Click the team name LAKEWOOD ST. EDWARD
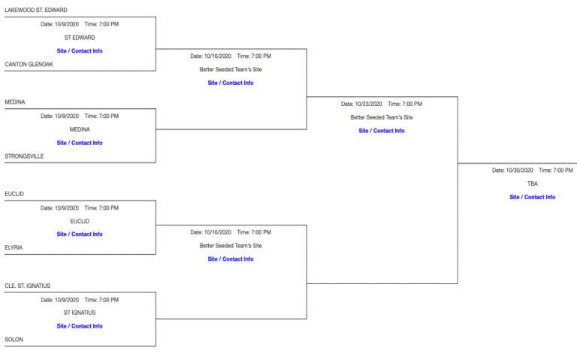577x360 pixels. coord(36,11)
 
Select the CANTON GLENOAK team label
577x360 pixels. coord(29,65)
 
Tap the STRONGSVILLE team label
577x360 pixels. coord(24,156)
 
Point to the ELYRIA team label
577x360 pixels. coord(14,247)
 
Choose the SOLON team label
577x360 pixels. coord(14,340)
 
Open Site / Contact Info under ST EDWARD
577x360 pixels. coord(80,51)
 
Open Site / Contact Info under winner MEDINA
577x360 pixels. coord(80,143)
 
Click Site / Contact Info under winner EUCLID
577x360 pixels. coord(80,234)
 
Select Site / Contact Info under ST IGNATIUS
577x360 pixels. coord(80,326)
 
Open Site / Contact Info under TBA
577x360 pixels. coord(532,197)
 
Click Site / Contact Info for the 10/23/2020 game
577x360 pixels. coord(381,131)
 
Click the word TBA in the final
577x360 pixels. coord(532,183)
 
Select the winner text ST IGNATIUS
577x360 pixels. coord(80,313)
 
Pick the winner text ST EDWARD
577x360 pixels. coord(80,38)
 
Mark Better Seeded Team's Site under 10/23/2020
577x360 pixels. coord(381,117)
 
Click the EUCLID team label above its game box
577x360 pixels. coord(14,194)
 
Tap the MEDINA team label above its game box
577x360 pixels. coord(15,102)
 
